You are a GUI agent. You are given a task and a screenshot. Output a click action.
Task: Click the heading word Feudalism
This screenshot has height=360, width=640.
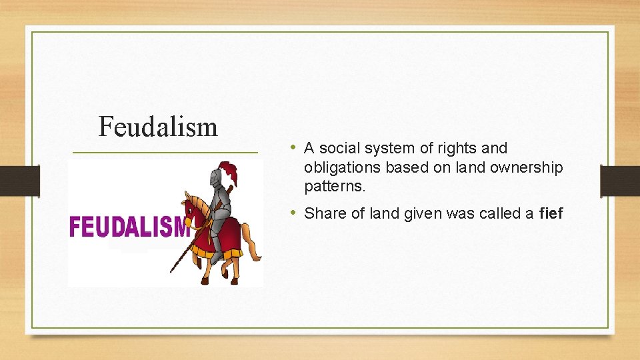158,126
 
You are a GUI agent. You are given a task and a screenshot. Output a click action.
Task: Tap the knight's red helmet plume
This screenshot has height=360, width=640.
229,173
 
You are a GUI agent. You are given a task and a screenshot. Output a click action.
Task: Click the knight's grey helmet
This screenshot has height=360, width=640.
215,178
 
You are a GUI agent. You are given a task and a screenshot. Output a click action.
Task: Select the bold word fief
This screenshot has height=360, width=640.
551,213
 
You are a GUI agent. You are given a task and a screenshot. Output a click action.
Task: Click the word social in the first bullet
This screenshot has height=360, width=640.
338,148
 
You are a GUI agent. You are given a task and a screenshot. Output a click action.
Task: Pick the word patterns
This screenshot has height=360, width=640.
335,187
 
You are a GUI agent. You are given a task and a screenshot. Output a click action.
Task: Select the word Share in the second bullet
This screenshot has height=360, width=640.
323,213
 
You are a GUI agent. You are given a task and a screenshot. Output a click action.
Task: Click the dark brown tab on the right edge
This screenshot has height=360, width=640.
620,181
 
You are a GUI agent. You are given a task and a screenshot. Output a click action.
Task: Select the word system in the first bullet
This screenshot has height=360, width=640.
386,148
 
